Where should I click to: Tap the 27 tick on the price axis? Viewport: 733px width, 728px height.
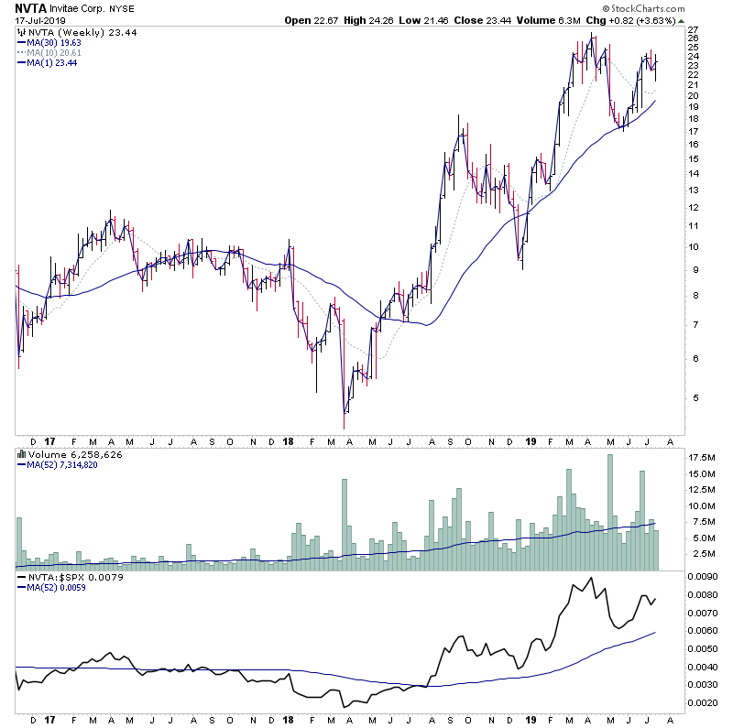(694, 28)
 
